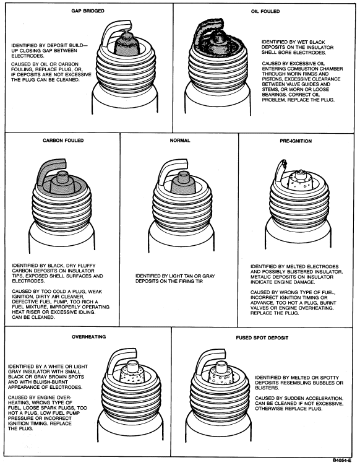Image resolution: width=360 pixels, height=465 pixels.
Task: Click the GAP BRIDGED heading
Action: click(x=88, y=11)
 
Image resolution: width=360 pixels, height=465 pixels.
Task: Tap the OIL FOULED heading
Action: click(x=265, y=11)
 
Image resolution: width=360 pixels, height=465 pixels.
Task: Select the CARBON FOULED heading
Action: click(x=63, y=141)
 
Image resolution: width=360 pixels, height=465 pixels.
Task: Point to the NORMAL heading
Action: click(x=180, y=141)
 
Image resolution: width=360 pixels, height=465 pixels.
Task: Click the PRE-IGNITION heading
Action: click(x=296, y=141)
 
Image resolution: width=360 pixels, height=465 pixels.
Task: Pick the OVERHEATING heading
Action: click(x=88, y=337)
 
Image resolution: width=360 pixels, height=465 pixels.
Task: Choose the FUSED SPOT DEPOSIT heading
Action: click(x=262, y=338)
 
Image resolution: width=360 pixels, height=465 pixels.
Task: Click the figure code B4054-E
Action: click(x=342, y=460)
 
